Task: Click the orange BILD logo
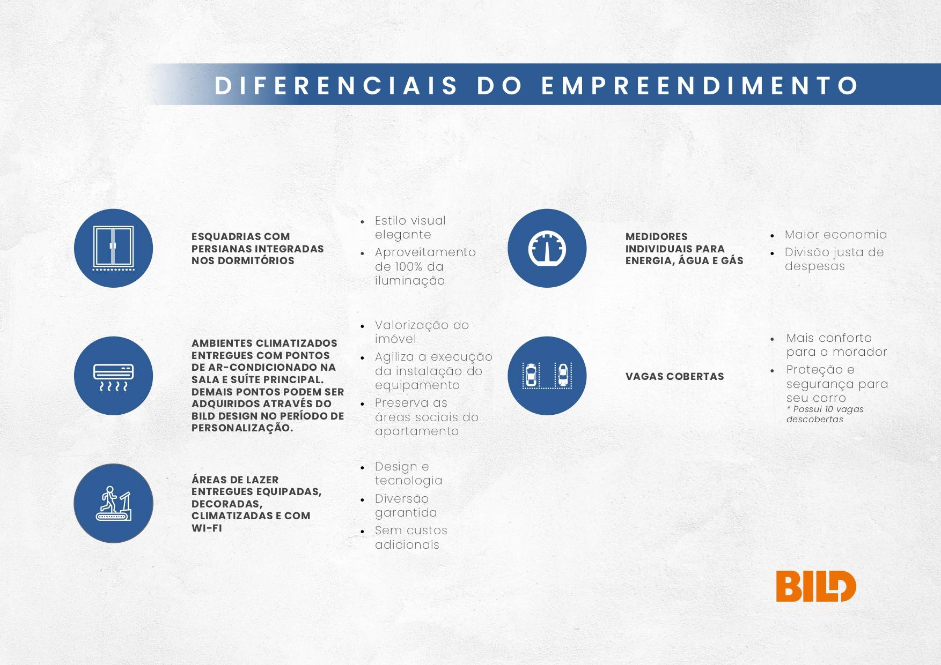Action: (815, 586)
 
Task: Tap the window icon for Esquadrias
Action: (113, 248)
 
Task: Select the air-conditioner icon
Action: (113, 376)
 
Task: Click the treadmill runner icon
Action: (113, 503)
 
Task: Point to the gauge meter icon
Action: (547, 248)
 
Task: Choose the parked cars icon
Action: (547, 376)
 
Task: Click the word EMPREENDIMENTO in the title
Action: (700, 86)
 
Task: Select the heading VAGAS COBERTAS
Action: (674, 376)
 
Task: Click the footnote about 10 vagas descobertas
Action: (825, 414)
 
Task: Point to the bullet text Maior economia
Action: (835, 235)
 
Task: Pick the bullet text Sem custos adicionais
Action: (411, 537)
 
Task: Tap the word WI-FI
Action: (207, 528)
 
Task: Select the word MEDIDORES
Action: (656, 236)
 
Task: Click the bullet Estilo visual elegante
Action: (410, 228)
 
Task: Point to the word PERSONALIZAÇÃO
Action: (242, 428)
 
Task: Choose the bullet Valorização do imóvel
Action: (422, 332)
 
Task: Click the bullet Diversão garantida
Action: (406, 506)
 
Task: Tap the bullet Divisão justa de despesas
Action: (834, 259)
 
